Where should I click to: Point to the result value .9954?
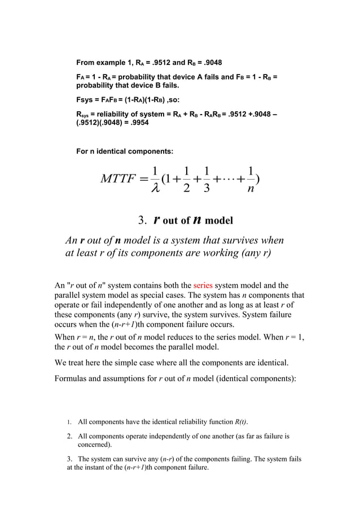[138, 123]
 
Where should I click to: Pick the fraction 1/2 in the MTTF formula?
[186, 180]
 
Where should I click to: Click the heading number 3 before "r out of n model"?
[142, 219]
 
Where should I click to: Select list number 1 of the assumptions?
[69, 421]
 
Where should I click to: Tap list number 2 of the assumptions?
[69, 436]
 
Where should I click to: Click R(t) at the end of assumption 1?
[240, 421]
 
